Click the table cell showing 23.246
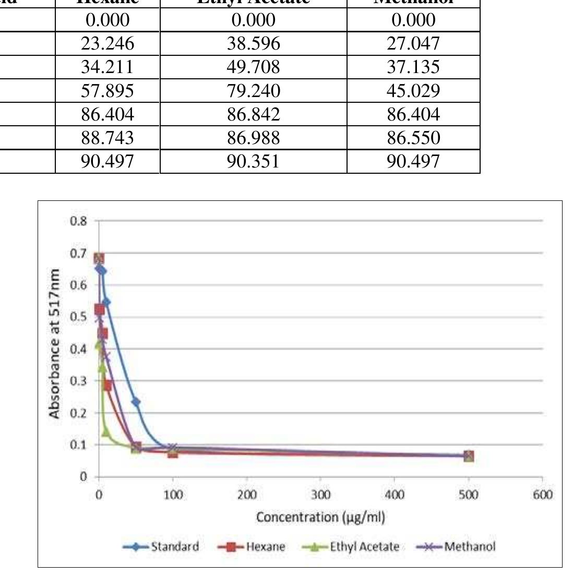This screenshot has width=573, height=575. [x=107, y=43]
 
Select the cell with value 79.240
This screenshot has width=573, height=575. [x=253, y=91]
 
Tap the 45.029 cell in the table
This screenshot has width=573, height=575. [x=413, y=91]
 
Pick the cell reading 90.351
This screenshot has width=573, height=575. [x=253, y=161]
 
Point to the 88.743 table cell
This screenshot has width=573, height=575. [x=107, y=138]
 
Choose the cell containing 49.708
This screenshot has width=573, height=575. [x=253, y=67]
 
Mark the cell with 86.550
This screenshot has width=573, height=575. [x=413, y=138]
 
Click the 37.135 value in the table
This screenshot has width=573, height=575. [x=413, y=67]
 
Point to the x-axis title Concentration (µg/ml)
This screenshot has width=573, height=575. [x=320, y=517]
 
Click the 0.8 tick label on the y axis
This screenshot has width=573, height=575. [x=79, y=221]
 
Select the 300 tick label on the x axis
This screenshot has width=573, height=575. [x=320, y=495]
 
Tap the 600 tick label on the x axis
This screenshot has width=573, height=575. [x=542, y=495]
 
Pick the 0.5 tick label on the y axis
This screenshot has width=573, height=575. [x=79, y=317]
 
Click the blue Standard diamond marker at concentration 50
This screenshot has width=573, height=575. [x=136, y=402]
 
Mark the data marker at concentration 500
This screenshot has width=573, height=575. [x=469, y=456]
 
